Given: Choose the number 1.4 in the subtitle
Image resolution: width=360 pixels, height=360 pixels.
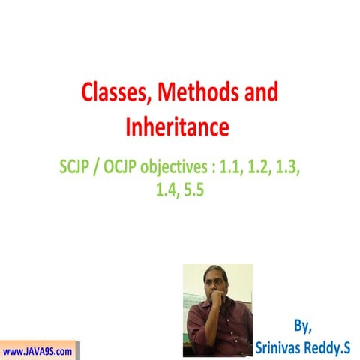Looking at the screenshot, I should tap(165, 190).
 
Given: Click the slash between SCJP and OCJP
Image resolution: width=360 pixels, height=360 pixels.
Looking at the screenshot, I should tap(103, 166).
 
